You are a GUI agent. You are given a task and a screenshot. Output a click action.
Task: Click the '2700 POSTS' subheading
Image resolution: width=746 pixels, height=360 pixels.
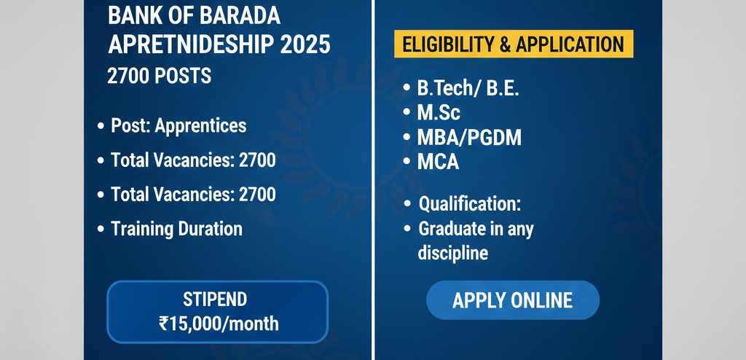tap(160, 77)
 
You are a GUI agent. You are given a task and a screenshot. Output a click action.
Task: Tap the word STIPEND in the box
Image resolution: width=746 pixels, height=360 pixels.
tap(215, 300)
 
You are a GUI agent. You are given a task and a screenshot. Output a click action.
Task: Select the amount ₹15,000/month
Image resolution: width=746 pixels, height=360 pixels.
tap(219, 324)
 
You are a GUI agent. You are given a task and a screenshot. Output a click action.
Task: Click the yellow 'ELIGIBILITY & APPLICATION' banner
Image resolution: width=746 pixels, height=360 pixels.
tap(514, 44)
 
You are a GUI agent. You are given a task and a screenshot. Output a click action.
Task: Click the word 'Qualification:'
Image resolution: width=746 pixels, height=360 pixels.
tap(470, 205)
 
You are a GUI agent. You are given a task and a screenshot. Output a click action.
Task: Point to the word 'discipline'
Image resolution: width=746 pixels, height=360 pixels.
tap(453, 254)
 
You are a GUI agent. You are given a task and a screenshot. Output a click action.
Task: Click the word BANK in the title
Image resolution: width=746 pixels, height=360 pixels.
tap(130, 16)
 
